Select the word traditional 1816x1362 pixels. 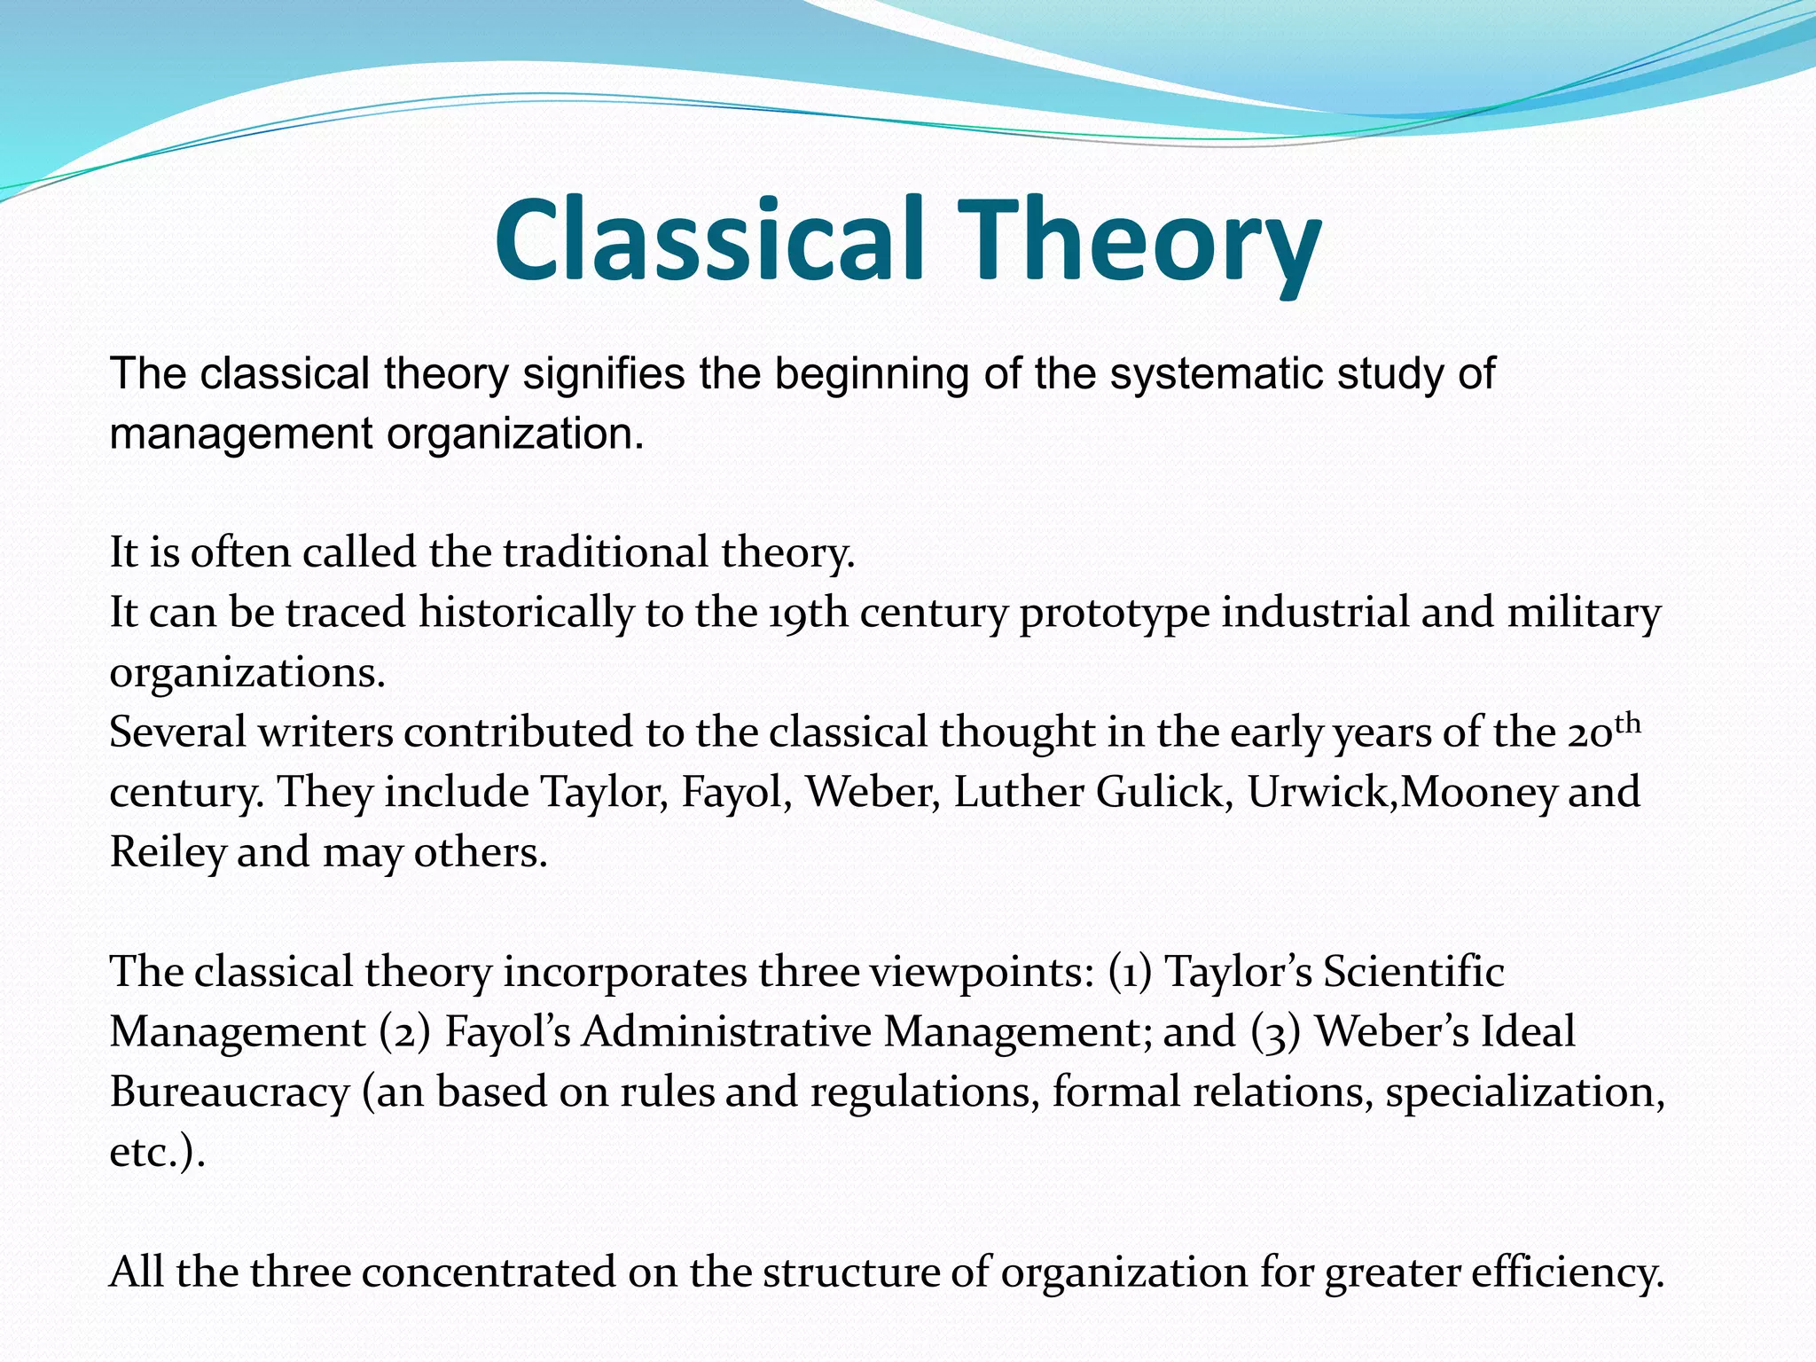pos(607,552)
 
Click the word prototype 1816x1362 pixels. pos(1115,613)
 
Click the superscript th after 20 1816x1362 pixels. pos(1627,723)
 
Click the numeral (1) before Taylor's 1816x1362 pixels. pos(1131,972)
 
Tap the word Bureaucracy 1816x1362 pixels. pos(230,1092)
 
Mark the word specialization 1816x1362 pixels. pos(1525,1092)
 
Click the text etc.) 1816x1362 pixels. pos(157,1152)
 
